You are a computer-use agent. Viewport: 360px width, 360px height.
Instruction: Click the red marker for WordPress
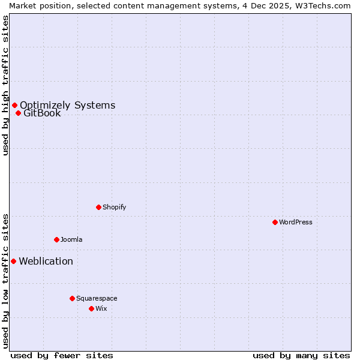tap(275, 222)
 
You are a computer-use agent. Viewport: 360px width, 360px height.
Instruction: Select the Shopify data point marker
tap(99, 207)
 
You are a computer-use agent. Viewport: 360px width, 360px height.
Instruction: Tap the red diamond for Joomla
tap(56, 239)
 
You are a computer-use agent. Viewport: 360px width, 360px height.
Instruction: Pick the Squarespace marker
tap(72, 298)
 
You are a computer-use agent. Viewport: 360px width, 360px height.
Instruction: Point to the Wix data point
tap(91, 308)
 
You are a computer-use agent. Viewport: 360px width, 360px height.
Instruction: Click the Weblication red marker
tap(13, 261)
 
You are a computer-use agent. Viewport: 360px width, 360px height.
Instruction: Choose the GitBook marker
tap(18, 113)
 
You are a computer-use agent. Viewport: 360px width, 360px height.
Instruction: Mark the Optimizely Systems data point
tap(14, 105)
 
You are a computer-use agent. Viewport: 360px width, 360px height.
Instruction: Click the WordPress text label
tap(296, 222)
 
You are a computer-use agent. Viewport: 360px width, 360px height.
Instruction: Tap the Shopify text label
tap(114, 207)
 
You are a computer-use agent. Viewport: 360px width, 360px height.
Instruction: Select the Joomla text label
tap(71, 239)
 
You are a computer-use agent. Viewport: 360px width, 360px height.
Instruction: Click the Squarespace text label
tap(97, 298)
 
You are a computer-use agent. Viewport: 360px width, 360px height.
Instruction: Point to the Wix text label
tap(101, 308)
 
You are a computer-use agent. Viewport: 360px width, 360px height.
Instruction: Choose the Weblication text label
tap(46, 261)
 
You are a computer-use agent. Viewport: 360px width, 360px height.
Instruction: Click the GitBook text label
tap(42, 113)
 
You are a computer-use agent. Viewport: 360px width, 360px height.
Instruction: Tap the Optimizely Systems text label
tap(67, 105)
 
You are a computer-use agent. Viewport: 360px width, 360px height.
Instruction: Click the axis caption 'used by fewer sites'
tap(62, 355)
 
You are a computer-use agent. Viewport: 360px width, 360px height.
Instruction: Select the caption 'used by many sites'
tap(301, 355)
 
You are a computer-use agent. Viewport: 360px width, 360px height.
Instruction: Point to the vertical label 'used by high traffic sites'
tap(5, 85)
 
